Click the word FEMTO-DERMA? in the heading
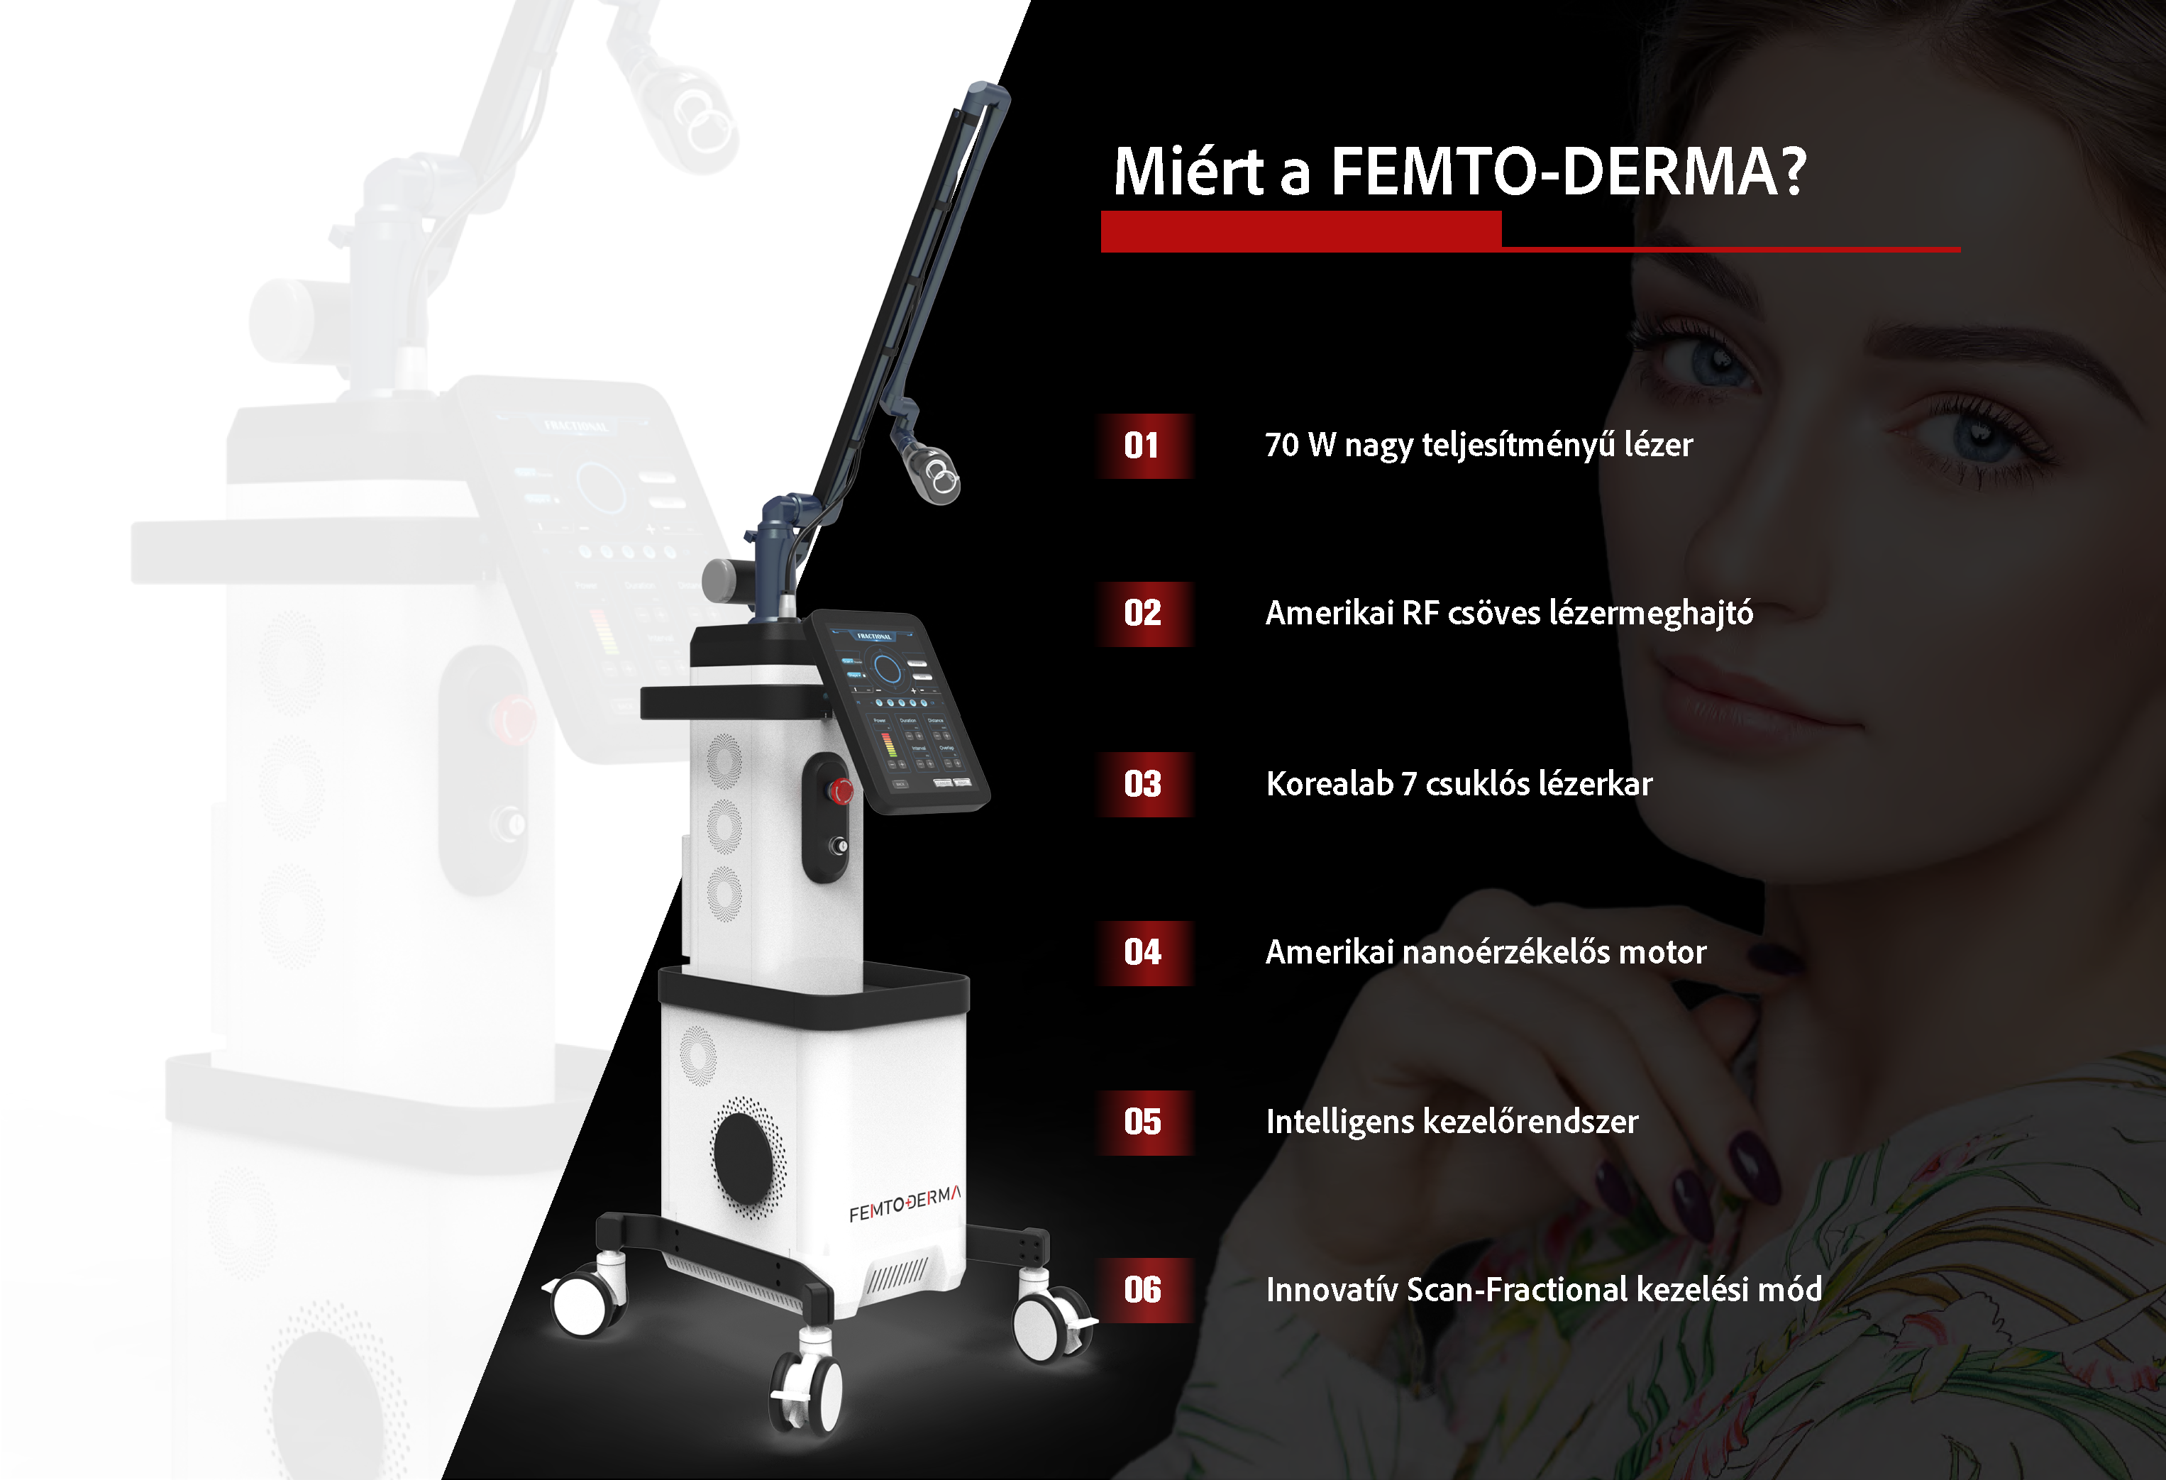1569,172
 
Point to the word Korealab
1329,784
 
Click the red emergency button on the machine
841,791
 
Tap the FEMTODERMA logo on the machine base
904,1204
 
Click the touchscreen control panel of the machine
897,713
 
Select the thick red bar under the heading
1301,231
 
